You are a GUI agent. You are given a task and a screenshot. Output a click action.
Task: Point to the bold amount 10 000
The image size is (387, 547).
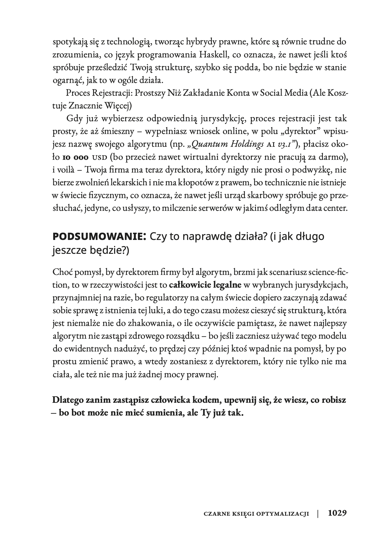[x=76, y=157]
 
